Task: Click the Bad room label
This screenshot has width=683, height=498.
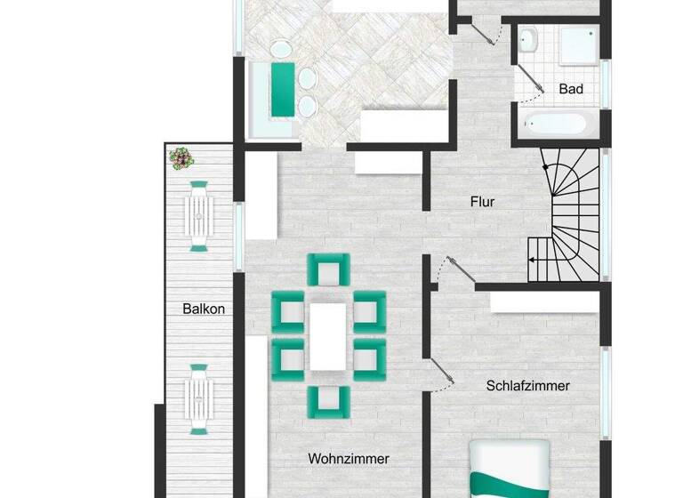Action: [570, 89]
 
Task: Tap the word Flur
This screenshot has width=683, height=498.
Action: [482, 202]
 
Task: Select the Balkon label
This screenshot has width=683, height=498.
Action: [204, 309]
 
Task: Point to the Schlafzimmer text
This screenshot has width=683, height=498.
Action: [527, 386]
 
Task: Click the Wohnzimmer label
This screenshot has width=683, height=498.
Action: [349, 459]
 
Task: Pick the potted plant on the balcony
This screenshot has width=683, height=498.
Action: [182, 158]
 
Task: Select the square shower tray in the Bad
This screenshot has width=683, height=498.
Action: [578, 44]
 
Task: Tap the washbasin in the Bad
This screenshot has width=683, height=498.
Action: [527, 39]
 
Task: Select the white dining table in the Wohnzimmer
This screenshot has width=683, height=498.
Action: [328, 336]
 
